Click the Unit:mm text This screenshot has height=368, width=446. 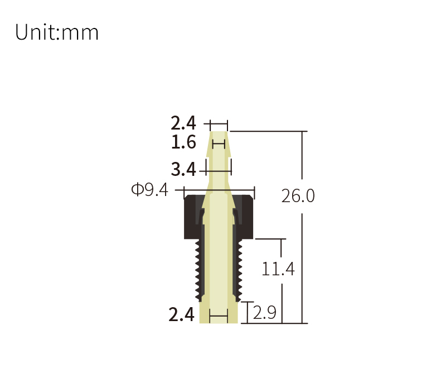[x=57, y=32]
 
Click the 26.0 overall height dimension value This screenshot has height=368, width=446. [x=298, y=196]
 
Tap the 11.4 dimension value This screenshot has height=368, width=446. [x=278, y=269]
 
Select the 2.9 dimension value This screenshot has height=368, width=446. [x=264, y=313]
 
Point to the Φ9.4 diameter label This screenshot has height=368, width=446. [x=149, y=189]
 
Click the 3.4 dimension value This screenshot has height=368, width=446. [x=183, y=169]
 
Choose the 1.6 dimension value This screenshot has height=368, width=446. [x=183, y=142]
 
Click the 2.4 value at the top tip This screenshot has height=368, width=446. [x=183, y=123]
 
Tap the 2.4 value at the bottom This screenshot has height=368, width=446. [x=182, y=315]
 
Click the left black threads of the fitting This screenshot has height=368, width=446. [x=198, y=270]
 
